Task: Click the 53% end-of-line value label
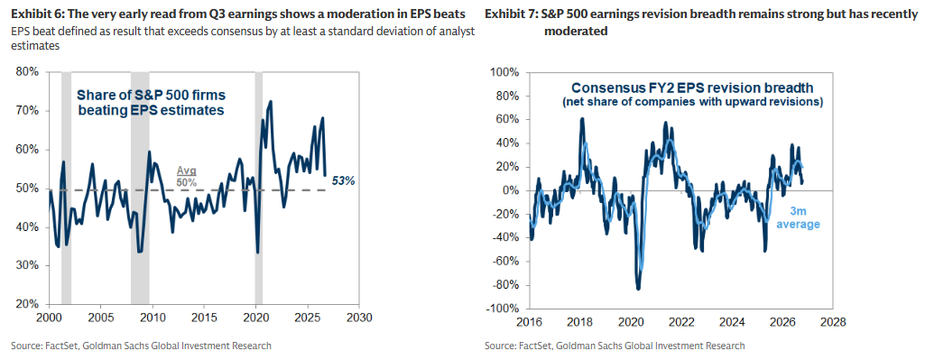pos(343,181)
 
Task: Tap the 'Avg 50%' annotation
pos(187,175)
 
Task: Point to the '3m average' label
pos(801,218)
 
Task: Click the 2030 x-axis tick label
pos(358,317)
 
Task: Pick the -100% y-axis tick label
pos(504,309)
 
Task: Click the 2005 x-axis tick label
pos(101,317)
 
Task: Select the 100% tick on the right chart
pos(505,72)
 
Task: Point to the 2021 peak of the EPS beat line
pos(270,101)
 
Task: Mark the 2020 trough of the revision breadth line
pos(638,288)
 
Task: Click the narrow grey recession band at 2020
pos(258,188)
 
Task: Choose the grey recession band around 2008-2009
pos(140,188)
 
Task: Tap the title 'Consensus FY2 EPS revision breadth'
pos(692,88)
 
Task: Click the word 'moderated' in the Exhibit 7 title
pos(576,32)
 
